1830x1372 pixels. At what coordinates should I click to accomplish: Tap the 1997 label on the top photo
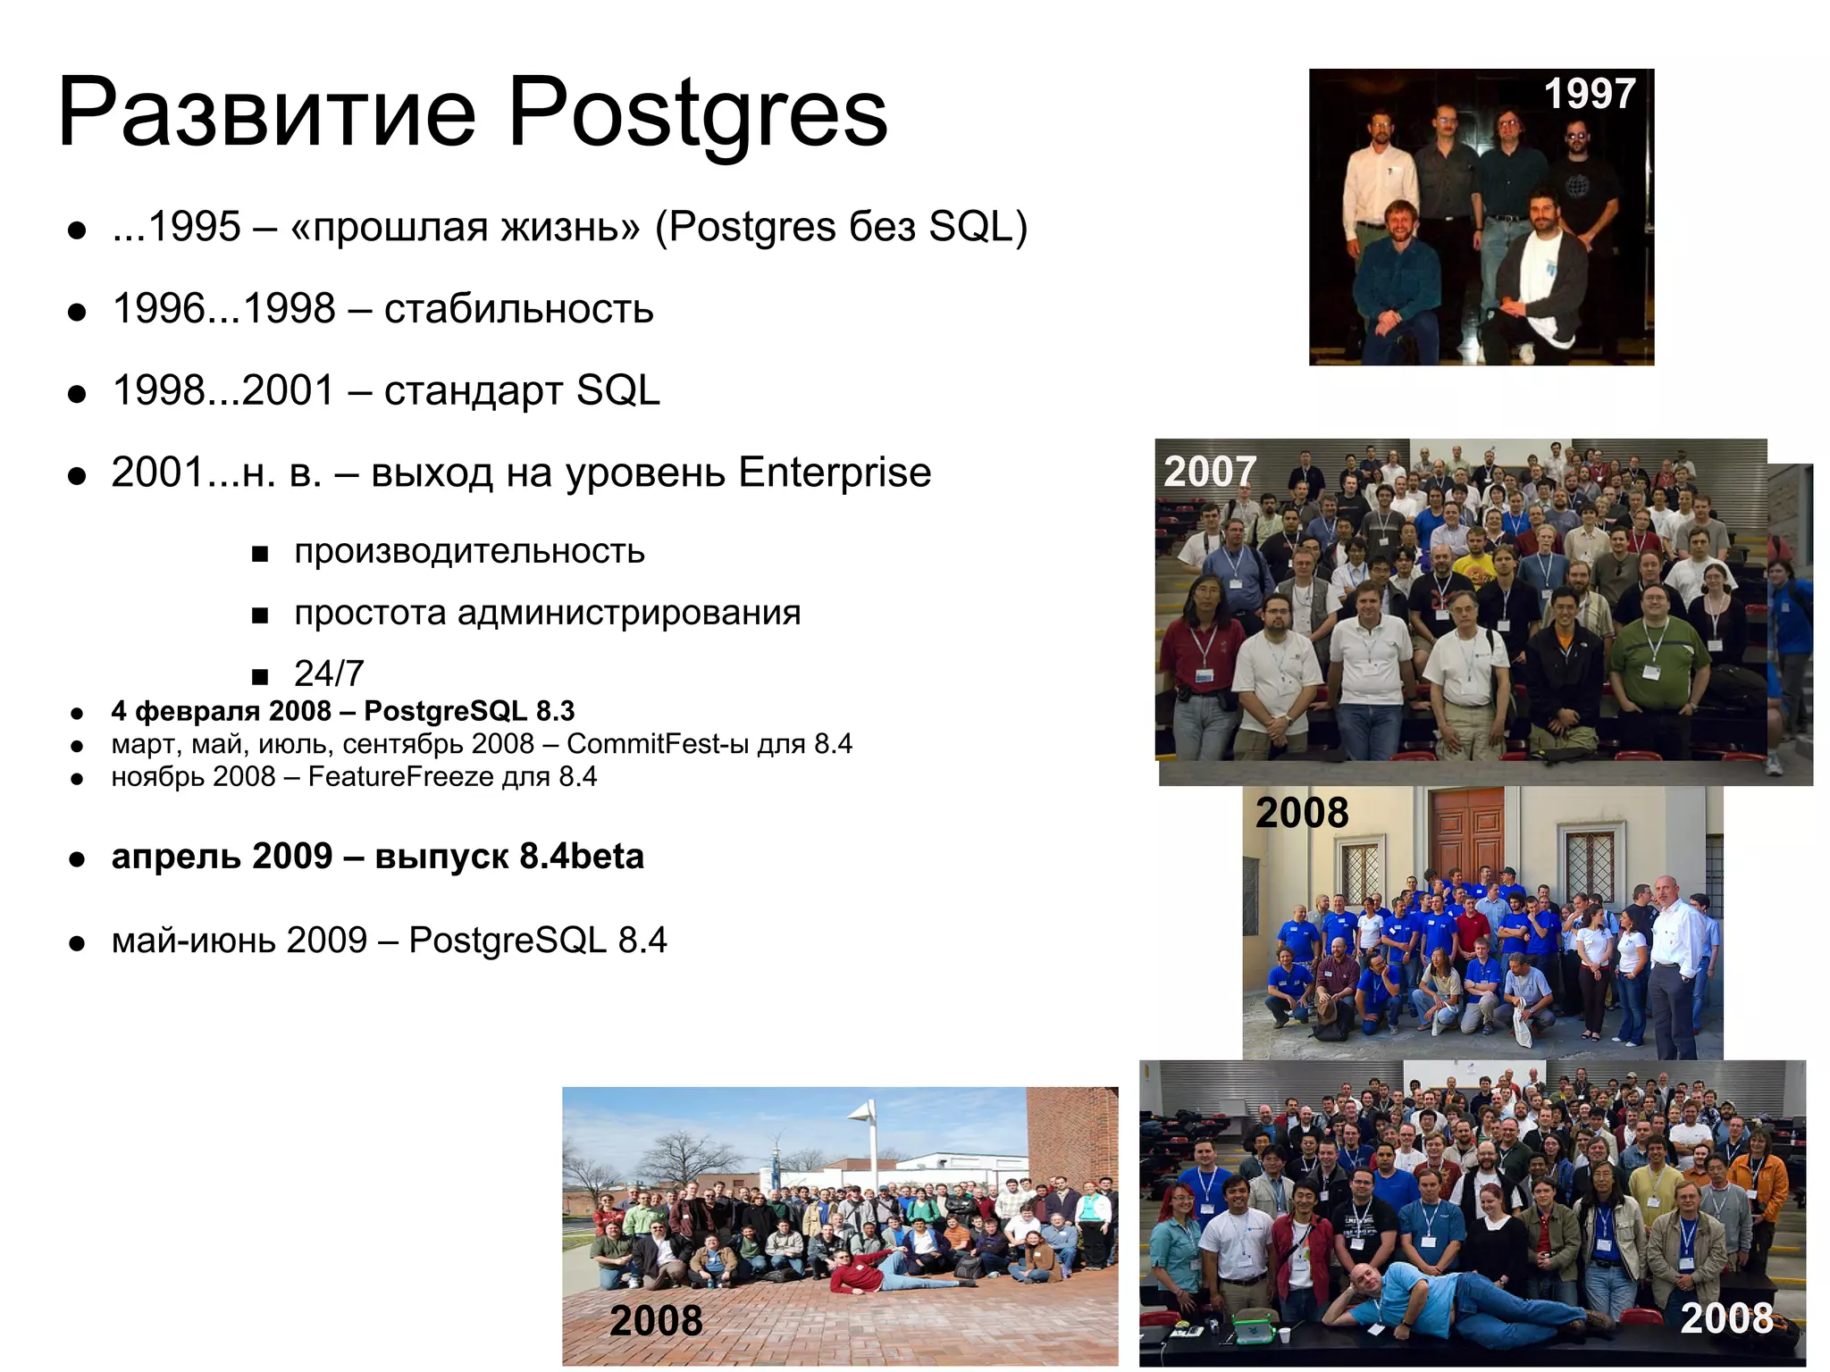tap(1590, 94)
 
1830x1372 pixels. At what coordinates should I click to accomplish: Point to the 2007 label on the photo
tap(1210, 472)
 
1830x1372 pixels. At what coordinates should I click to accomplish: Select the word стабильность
tap(518, 309)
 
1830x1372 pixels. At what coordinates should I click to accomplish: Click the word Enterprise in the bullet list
tap(835, 473)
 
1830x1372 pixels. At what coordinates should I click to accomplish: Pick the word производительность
tap(469, 551)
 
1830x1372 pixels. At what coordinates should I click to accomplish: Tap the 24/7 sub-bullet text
tap(329, 673)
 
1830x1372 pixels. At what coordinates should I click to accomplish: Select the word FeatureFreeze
tap(400, 776)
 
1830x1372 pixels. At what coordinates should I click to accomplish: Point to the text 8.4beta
tap(582, 856)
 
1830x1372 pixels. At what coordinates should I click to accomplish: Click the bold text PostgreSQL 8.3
tap(469, 711)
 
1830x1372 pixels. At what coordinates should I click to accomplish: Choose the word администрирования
tap(629, 613)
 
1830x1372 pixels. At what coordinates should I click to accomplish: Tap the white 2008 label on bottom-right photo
tap(1726, 1318)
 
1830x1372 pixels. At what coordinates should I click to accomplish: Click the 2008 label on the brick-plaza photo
tap(656, 1320)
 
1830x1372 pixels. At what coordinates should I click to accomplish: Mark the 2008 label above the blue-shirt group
tap(1302, 813)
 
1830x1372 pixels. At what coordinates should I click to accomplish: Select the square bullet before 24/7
tap(260, 675)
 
